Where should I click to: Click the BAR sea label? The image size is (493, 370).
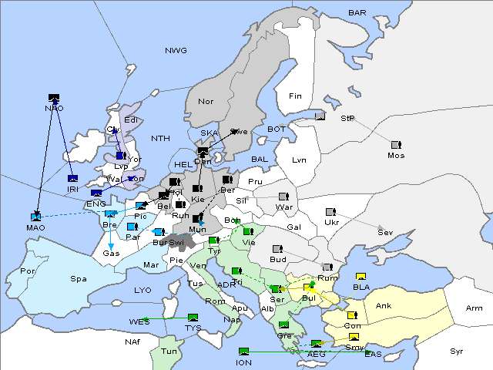pyautogui.click(x=357, y=13)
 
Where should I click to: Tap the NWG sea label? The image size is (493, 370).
pyautogui.click(x=176, y=51)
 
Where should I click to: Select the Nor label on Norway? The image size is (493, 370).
pyautogui.click(x=206, y=102)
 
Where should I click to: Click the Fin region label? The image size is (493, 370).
pyautogui.click(x=294, y=96)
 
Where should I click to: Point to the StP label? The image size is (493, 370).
pyautogui.click(x=347, y=119)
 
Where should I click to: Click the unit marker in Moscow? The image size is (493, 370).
pyautogui.click(x=396, y=145)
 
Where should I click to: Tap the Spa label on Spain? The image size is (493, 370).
pyautogui.click(x=79, y=278)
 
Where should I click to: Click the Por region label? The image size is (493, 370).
pyautogui.click(x=28, y=271)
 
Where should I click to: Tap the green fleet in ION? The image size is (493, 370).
pyautogui.click(x=244, y=351)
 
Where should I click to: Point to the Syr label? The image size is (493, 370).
pyautogui.click(x=457, y=351)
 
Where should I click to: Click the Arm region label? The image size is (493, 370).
pyautogui.click(x=475, y=308)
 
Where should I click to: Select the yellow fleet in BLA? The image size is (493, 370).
pyautogui.click(x=361, y=277)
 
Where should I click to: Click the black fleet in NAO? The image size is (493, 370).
pyautogui.click(x=54, y=98)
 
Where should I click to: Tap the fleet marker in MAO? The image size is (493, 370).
pyautogui.click(x=35, y=217)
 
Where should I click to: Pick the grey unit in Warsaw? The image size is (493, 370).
pyautogui.click(x=283, y=197)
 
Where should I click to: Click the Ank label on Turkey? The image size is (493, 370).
pyautogui.click(x=383, y=306)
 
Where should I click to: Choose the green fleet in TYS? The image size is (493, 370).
pyautogui.click(x=193, y=317)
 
